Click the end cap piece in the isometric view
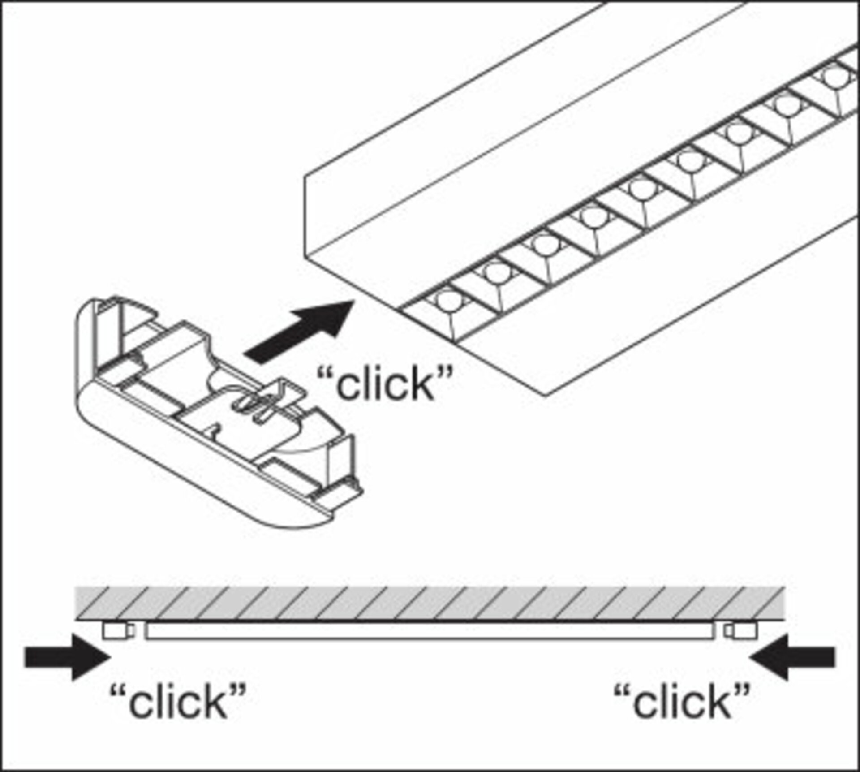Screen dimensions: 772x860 coord(215,412)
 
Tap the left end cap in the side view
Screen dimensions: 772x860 coord(115,631)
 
